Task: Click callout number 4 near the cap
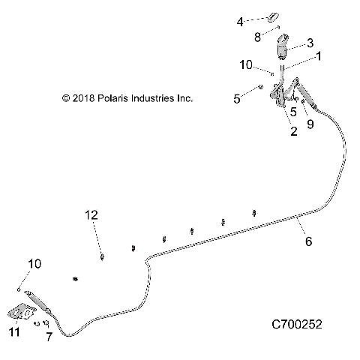point(240,22)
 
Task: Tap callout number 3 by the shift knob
point(310,43)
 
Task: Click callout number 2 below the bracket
point(294,131)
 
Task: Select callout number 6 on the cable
point(308,241)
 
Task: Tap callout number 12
point(91,215)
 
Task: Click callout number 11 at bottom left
point(14,331)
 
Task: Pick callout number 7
point(49,337)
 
